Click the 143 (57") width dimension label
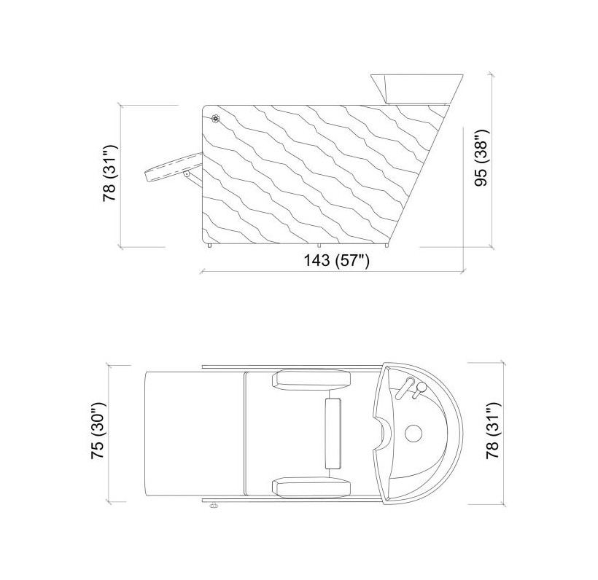point(336,261)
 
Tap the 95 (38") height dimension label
point(481,158)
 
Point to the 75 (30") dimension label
point(98,431)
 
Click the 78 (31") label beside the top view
point(493,431)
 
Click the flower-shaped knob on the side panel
point(215,119)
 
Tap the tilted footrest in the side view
point(173,168)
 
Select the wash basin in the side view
point(417,89)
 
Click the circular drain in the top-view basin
point(413,434)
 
